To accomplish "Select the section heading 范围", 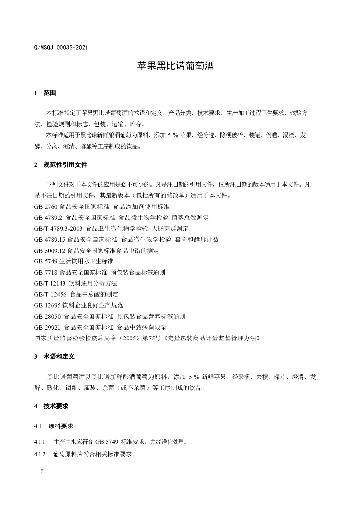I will (x=50, y=93).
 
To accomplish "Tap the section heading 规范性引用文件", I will (x=65, y=164).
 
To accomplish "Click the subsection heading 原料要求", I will (x=61, y=426).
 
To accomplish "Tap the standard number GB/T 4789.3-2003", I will (x=58, y=228).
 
